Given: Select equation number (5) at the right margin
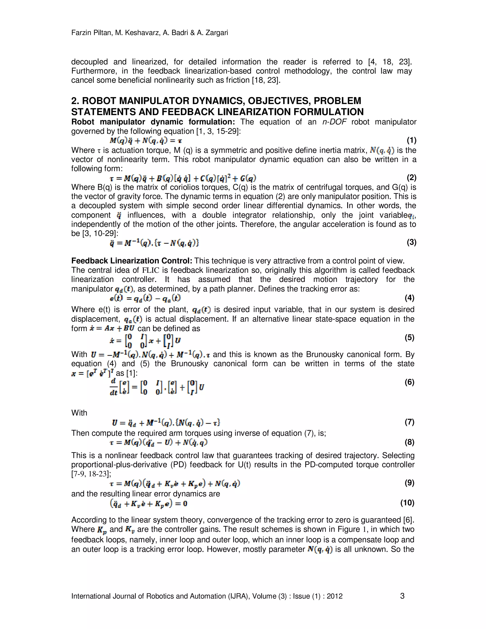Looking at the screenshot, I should tap(409, 337).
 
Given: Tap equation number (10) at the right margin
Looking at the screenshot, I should tap(407, 503).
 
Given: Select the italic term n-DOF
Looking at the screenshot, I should tap(334, 122).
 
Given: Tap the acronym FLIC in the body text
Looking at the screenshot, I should tap(151, 270).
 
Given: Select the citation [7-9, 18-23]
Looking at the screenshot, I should tap(91, 474).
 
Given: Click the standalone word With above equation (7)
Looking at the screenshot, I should tap(79, 413).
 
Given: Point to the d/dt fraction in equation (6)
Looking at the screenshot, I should tap(113, 387).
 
